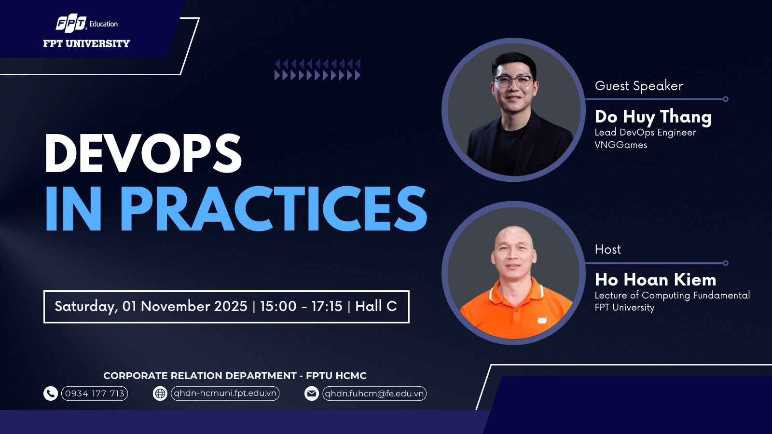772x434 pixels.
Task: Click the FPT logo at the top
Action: pos(71,23)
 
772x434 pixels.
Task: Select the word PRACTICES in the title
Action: pos(273,208)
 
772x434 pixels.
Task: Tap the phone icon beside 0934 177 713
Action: pos(51,393)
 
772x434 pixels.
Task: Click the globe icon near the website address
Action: pos(160,393)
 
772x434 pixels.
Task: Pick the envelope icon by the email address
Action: pos(312,393)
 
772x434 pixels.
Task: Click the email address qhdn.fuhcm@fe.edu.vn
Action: pos(374,393)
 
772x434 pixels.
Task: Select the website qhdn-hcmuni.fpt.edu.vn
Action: pos(225,393)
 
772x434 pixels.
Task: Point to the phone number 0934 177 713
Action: pos(95,393)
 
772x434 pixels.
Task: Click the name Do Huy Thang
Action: pos(653,117)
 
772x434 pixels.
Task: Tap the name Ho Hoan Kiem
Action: pos(656,280)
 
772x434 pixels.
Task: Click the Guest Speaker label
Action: pos(639,86)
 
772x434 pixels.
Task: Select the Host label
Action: pos(608,249)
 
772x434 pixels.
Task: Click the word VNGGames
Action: pos(621,145)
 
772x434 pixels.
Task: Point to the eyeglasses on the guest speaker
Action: pos(513,81)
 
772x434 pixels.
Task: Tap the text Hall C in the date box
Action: pos(376,306)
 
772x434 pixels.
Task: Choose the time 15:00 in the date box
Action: pos(278,306)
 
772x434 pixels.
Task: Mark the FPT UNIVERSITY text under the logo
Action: pos(86,43)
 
